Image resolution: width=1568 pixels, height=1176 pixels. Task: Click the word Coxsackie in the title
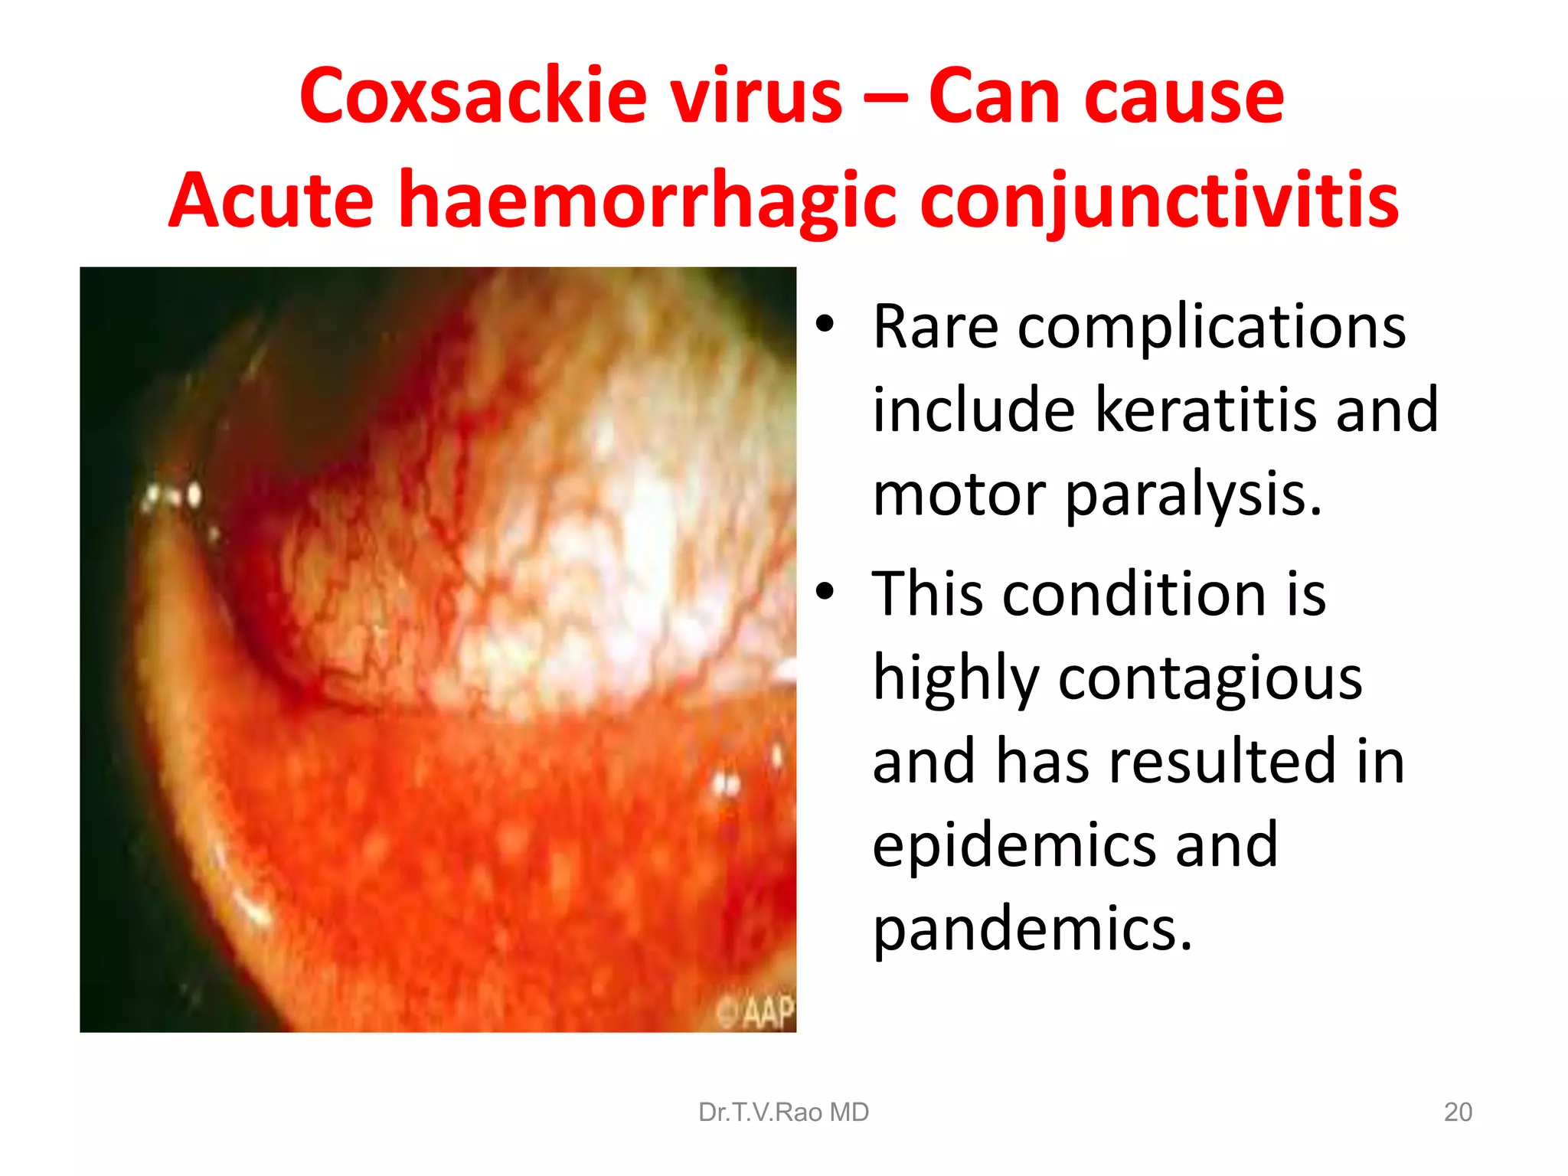pos(472,96)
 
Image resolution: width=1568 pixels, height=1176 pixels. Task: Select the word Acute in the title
pos(271,201)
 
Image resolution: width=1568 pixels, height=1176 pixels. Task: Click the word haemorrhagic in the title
pos(647,201)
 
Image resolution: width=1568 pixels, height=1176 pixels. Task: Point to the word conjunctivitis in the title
pos(1159,201)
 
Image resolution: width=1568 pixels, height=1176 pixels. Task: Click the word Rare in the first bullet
pos(936,327)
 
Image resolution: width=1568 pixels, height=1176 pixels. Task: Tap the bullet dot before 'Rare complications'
pos(824,325)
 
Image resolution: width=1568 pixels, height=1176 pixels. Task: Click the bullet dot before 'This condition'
pos(824,591)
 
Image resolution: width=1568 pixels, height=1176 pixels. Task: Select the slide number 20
pos(1458,1112)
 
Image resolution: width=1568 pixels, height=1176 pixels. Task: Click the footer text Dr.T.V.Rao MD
pos(783,1112)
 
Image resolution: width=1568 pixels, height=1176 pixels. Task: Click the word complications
pos(1211,327)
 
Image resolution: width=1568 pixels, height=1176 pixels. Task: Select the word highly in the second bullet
pos(956,678)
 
